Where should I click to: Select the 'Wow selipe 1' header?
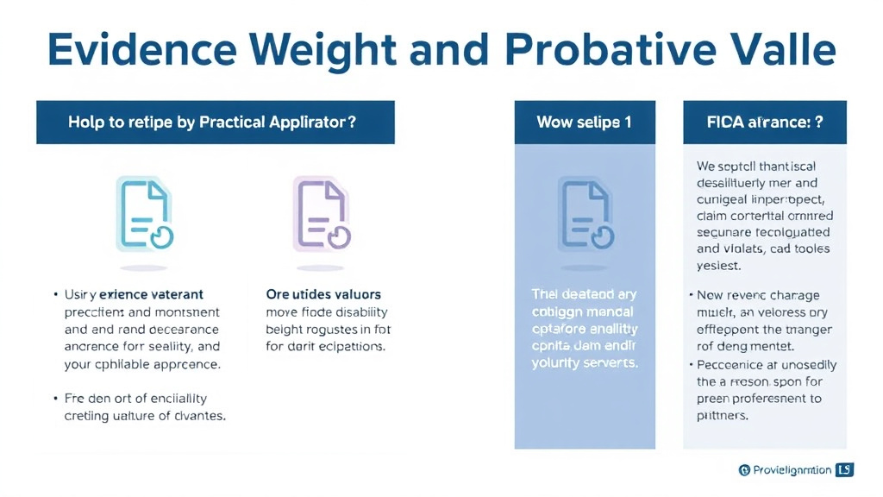(x=584, y=123)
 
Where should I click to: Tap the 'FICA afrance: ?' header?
(x=765, y=123)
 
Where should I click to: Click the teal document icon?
(x=144, y=214)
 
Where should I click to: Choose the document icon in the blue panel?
(x=585, y=214)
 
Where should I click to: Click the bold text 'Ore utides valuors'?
(x=323, y=295)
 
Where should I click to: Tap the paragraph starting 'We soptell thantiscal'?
(x=764, y=216)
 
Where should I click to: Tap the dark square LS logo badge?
(x=844, y=470)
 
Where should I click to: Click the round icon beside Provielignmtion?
(x=745, y=470)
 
